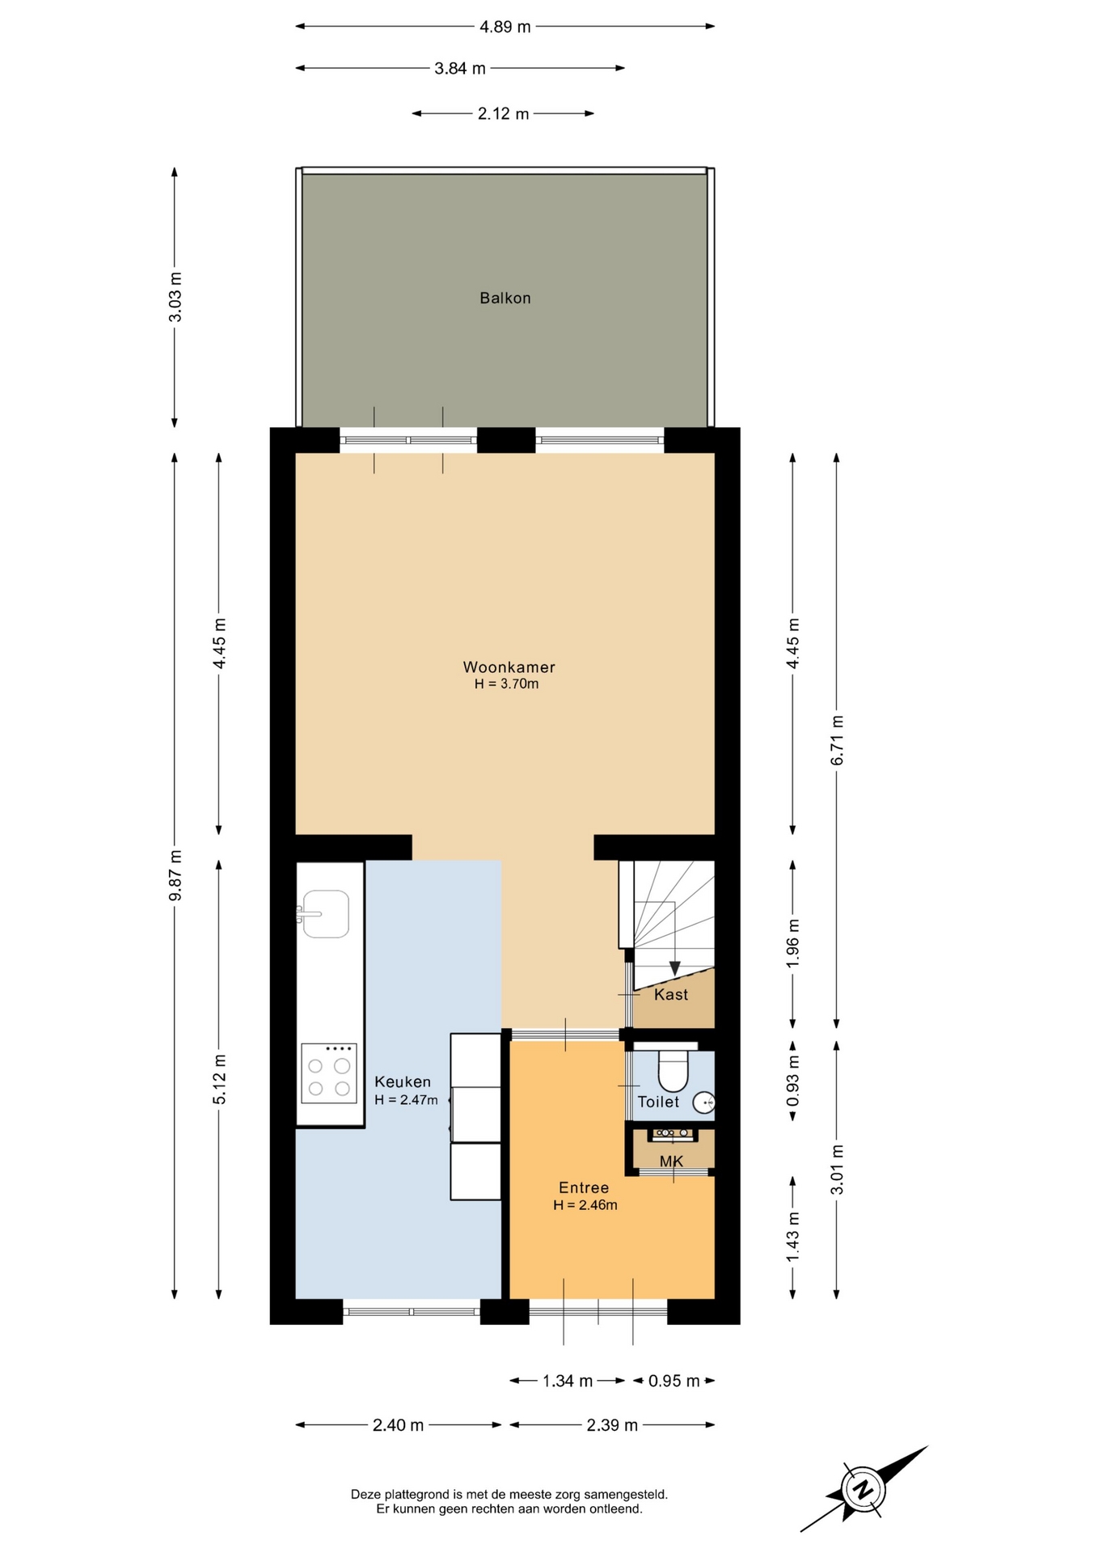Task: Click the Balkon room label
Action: pos(505,298)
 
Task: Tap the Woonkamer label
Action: pos(509,667)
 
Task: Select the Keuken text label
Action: pos(403,1081)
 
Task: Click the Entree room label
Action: pos(584,1187)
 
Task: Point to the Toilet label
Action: pos(658,1102)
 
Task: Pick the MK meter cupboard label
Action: pos(671,1162)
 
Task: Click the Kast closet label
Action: pos(671,994)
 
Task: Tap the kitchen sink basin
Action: pos(326,914)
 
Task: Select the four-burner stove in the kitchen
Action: pos(329,1073)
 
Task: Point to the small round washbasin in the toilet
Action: pos(704,1102)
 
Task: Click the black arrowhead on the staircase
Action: pos(674,969)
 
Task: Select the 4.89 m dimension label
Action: pos(505,27)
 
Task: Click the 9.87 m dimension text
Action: pos(175,875)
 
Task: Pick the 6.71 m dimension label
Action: pos(837,740)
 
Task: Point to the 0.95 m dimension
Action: pos(674,1381)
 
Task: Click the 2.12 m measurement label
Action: pos(503,114)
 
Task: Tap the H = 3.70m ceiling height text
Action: pos(506,684)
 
